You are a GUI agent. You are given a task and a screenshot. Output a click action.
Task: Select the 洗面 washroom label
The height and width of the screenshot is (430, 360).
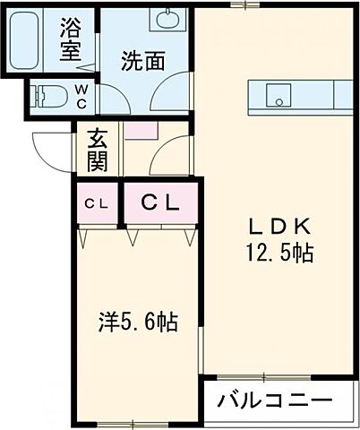[x=142, y=62]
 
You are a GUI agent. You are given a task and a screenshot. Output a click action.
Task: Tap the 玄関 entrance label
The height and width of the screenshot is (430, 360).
[x=98, y=150]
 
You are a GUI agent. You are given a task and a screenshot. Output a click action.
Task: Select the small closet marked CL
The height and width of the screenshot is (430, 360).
[x=96, y=203]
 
